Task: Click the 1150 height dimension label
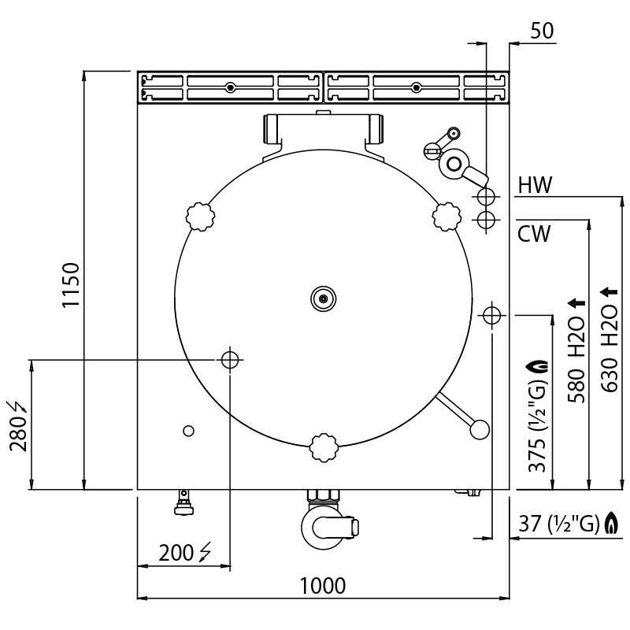[x=71, y=284]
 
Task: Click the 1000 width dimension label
[x=322, y=586]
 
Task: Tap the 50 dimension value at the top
[x=542, y=31]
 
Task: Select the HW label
[x=535, y=186]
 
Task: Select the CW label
[x=534, y=234]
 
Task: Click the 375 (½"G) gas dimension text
[x=538, y=416]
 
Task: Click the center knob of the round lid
[x=323, y=298]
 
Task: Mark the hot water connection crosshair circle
[x=486, y=195]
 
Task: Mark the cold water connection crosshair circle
[x=486, y=218]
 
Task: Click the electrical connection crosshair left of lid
[x=230, y=360]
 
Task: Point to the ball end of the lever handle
[x=480, y=429]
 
